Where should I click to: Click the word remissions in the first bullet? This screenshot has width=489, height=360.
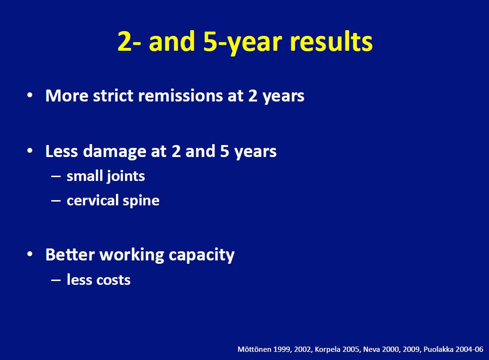(181, 95)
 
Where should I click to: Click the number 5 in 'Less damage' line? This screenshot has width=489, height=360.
(225, 151)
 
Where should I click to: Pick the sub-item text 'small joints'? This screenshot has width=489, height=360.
(106, 177)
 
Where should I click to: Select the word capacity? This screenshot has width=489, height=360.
(202, 256)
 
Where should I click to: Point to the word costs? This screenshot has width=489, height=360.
(114, 280)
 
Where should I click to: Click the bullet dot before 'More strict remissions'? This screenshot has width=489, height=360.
(30, 95)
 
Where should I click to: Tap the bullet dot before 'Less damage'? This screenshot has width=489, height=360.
(30, 151)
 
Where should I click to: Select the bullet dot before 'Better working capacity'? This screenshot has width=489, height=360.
(30, 254)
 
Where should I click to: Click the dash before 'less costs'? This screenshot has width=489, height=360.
(56, 280)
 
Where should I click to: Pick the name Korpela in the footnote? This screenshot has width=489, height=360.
(329, 350)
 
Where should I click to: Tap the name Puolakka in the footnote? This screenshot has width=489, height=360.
(438, 349)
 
